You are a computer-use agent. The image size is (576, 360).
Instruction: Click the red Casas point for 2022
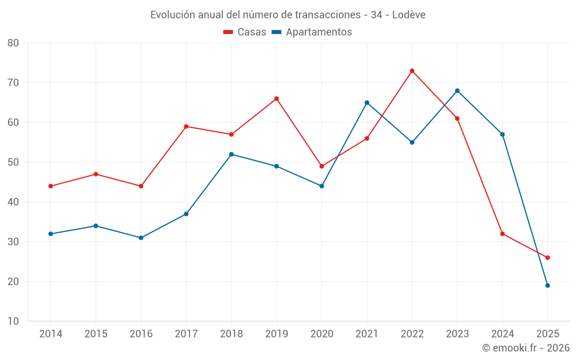[412, 71]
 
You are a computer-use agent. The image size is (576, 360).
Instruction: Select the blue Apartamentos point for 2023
[457, 90]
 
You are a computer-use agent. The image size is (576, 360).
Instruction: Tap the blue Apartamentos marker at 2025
[548, 285]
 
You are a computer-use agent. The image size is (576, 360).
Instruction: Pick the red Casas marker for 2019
[276, 98]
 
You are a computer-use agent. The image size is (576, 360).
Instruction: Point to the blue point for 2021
[367, 103]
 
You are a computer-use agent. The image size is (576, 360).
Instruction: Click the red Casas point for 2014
[51, 186]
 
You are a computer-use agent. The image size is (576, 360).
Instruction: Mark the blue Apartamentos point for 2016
[141, 237]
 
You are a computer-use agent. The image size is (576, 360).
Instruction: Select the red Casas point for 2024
[502, 233]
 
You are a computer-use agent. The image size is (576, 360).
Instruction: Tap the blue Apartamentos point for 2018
[232, 154]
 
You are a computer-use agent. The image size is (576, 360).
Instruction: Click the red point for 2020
[322, 166]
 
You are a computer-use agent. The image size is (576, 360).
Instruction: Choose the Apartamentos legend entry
[312, 32]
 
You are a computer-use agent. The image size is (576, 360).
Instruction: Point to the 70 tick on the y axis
[13, 82]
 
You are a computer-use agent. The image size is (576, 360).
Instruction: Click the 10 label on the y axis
[13, 321]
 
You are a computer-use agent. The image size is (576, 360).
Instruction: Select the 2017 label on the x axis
[186, 334]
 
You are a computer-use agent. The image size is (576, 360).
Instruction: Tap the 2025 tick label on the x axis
[548, 334]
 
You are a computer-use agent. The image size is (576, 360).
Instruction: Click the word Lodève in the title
[408, 15]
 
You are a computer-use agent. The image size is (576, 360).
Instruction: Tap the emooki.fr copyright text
[525, 348]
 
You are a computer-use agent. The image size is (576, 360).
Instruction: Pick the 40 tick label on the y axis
[13, 202]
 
